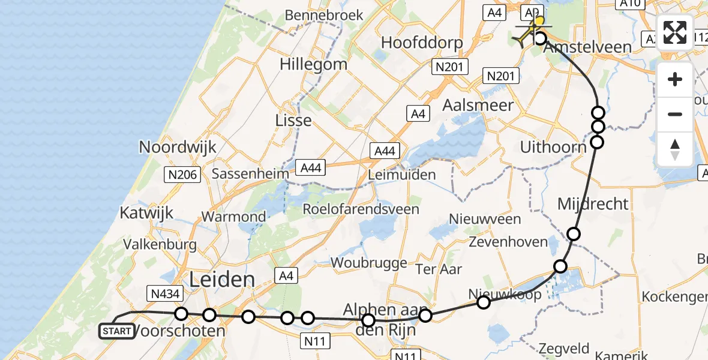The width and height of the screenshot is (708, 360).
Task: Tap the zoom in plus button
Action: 675,79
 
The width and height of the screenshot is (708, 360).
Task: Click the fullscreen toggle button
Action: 675,32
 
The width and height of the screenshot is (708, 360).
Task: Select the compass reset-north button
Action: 675,149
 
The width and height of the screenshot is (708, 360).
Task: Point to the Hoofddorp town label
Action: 422,43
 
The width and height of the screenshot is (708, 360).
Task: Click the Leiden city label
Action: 222,279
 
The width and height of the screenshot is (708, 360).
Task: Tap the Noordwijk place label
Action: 178,147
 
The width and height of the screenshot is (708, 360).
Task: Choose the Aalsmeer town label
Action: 478,106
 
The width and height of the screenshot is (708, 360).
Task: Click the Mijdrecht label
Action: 593,204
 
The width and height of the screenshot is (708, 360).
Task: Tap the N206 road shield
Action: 181,175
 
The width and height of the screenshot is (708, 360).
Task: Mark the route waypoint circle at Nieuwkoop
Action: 484,302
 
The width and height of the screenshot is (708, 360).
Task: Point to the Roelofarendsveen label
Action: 361,209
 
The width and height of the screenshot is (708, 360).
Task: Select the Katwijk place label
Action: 146,212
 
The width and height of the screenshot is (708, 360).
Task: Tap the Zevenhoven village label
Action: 508,242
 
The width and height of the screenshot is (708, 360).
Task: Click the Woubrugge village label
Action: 369,263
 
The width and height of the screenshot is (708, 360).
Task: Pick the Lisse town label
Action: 293,120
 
